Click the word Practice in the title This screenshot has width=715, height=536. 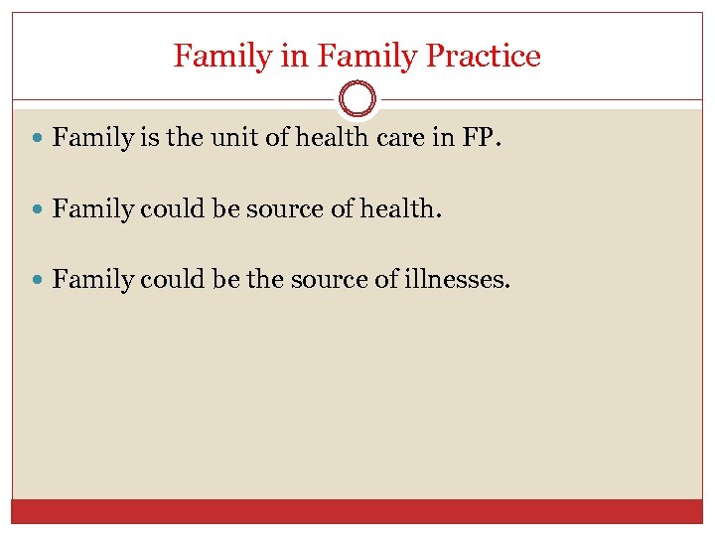tap(483, 57)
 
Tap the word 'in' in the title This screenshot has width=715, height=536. tap(295, 56)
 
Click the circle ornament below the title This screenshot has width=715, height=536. tap(357, 99)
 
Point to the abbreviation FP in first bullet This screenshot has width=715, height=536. tap(478, 138)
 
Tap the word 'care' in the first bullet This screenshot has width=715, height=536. tap(400, 138)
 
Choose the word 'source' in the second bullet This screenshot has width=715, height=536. tap(296, 208)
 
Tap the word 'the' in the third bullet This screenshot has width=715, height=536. tap(263, 280)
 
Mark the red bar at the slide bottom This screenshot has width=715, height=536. tap(357, 511)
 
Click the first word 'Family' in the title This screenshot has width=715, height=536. tap(223, 57)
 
